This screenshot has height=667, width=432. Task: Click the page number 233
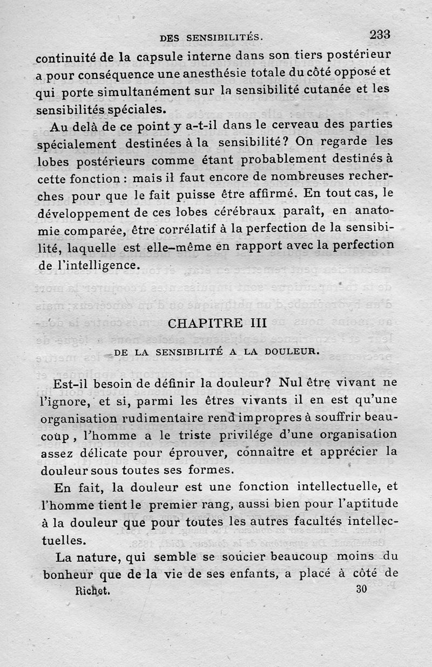click(380, 34)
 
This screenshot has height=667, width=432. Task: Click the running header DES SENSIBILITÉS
click(211, 38)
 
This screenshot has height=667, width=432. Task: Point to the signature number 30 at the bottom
click(361, 589)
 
